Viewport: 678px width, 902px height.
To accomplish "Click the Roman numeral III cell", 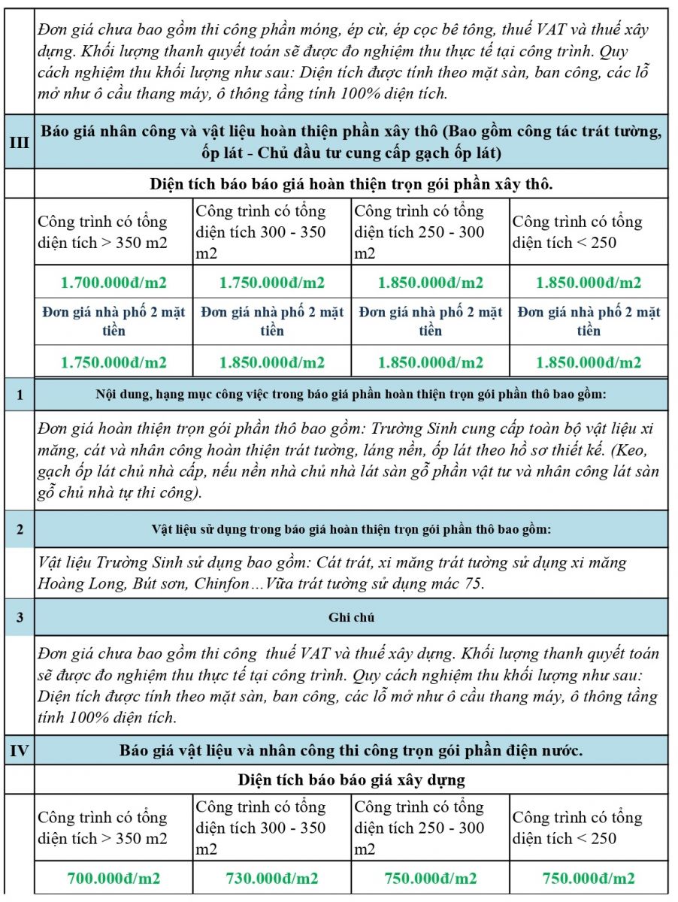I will [x=19, y=141].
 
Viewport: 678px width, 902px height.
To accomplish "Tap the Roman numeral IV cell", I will [x=19, y=749].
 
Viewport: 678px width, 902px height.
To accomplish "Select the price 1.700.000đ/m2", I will [x=114, y=283].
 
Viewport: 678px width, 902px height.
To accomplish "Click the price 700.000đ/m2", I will [x=114, y=878].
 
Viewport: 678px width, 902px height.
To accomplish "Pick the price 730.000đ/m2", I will [x=272, y=878].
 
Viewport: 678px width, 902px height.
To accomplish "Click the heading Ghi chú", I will [x=351, y=617].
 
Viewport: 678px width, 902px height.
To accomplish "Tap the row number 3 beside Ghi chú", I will [x=19, y=617].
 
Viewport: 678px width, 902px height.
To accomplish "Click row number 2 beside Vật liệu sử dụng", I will [x=19, y=529].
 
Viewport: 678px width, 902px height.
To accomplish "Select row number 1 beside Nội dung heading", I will [x=19, y=395].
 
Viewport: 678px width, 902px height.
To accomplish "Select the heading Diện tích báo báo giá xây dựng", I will [x=351, y=779].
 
